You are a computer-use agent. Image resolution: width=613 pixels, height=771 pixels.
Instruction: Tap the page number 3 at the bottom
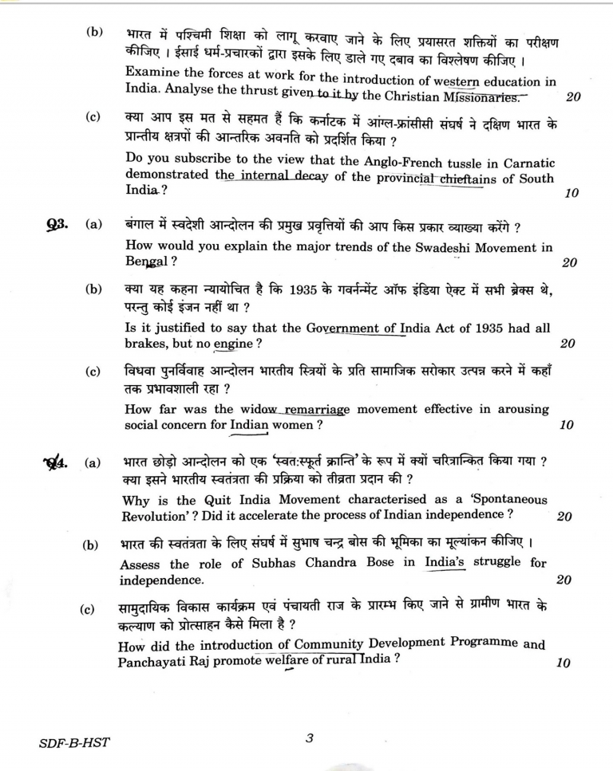click(x=310, y=738)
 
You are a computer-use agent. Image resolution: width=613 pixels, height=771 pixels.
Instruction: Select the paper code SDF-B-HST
click(x=74, y=743)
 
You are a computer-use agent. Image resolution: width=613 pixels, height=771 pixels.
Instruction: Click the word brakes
click(x=148, y=344)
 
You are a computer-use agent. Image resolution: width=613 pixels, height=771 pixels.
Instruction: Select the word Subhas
click(x=241, y=564)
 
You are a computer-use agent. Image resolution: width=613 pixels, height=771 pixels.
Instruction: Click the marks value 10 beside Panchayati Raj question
click(x=564, y=663)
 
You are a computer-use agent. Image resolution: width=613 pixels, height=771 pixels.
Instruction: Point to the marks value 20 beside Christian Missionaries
click(x=572, y=98)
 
